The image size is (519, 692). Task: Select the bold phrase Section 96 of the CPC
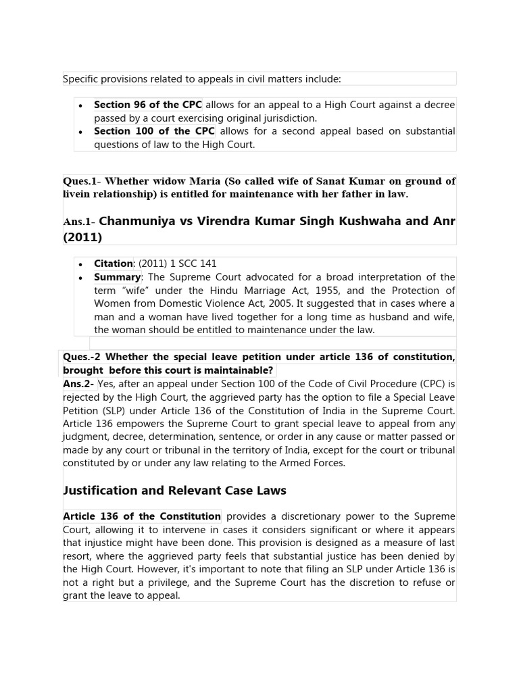(x=147, y=105)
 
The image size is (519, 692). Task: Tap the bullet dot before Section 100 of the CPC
(x=80, y=132)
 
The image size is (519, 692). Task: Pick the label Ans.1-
(x=79, y=222)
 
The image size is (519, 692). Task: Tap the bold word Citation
(x=113, y=264)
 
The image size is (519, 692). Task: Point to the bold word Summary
(x=117, y=277)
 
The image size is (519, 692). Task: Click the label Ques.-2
(x=82, y=356)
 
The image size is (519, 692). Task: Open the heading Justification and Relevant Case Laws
(x=174, y=491)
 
